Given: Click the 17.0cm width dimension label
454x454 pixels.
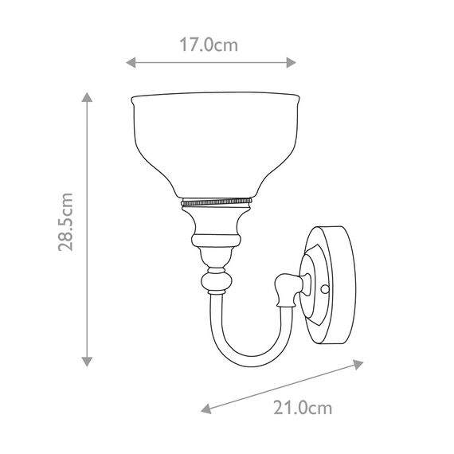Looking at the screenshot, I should click(x=209, y=45).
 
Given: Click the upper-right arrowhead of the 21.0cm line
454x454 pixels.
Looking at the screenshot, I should click(x=351, y=365).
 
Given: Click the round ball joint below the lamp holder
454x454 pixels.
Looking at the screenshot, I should click(x=216, y=282).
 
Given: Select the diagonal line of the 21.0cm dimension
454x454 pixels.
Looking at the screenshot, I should click(x=279, y=387).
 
